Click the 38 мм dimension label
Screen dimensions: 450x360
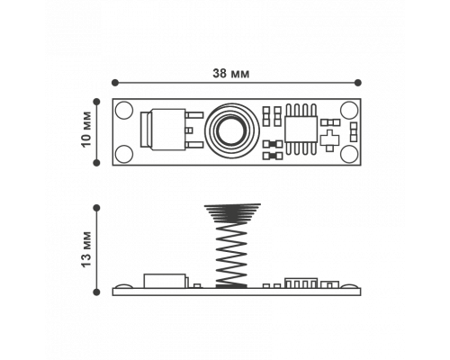(230, 74)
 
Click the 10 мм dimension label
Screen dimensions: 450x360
(86, 130)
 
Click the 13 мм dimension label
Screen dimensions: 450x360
(86, 249)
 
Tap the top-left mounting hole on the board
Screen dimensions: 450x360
(124, 110)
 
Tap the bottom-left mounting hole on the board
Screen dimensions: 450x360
(124, 154)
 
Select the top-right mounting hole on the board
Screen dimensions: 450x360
(349, 110)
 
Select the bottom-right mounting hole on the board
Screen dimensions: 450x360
(349, 154)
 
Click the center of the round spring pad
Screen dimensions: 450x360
(231, 131)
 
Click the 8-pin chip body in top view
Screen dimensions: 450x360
(301, 130)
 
